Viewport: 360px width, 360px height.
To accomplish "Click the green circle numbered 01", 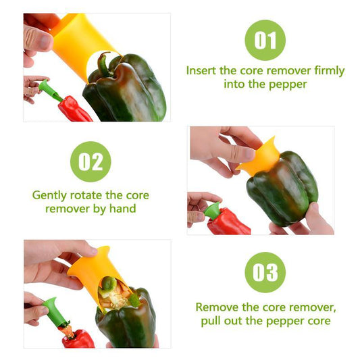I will [x=265, y=40].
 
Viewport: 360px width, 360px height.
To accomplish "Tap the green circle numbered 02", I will [x=91, y=161].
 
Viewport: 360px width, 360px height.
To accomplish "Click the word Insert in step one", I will [x=202, y=71].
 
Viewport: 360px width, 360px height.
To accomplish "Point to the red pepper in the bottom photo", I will [x=78, y=338].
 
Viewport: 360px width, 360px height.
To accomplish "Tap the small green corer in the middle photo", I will [x=213, y=210].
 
